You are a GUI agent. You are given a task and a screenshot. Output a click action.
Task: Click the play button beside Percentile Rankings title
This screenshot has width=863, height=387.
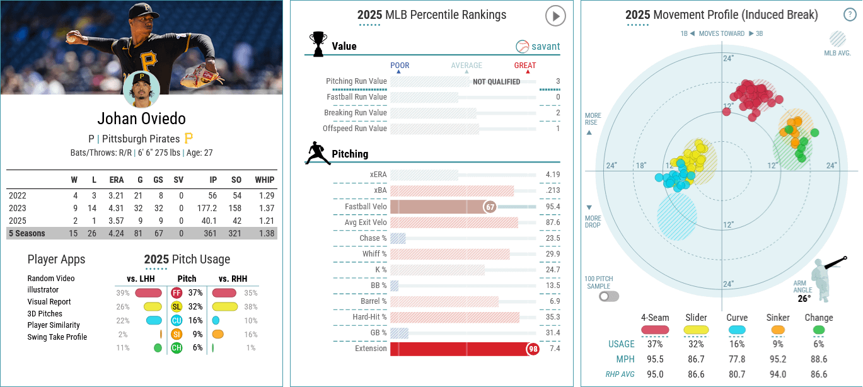click(555, 16)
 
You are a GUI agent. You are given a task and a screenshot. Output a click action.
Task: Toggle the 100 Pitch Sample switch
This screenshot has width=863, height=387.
click(609, 296)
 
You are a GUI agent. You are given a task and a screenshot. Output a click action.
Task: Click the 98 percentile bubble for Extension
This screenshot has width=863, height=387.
click(533, 349)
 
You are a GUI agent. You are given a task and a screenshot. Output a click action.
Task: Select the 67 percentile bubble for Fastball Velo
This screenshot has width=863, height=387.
click(490, 207)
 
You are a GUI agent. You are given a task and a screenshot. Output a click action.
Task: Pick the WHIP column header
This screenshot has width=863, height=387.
click(265, 180)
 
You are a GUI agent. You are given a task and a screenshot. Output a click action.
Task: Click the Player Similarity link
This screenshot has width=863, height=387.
click(54, 325)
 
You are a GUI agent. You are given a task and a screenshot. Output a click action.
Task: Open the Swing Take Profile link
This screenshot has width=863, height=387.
click(57, 337)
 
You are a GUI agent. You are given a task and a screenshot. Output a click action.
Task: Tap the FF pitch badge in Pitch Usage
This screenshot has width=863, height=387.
click(177, 292)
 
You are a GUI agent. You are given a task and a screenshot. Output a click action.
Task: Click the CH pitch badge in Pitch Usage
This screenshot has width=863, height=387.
click(177, 347)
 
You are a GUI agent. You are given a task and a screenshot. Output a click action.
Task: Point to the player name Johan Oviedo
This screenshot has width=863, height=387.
click(141, 119)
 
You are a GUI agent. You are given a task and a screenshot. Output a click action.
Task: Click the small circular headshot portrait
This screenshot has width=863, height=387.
click(141, 91)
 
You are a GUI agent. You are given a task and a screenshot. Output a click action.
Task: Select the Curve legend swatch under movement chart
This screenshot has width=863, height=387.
click(737, 330)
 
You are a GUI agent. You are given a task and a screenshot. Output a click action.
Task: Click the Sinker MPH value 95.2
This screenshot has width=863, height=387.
click(777, 359)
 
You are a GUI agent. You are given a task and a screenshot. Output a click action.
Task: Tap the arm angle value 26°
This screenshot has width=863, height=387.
click(804, 299)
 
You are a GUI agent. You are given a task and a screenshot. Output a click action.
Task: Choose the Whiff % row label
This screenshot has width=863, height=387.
click(375, 254)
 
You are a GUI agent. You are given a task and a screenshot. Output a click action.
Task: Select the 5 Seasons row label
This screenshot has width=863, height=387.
click(26, 233)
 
